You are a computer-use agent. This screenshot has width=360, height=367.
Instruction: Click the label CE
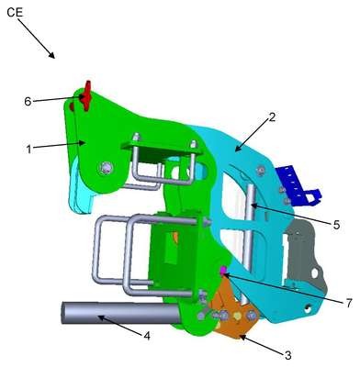pos(15,13)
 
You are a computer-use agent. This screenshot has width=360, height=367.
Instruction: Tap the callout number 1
pos(28,150)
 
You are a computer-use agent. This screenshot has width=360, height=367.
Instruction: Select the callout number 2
pos(272,117)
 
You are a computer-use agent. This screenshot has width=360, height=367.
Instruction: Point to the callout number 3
pos(287,355)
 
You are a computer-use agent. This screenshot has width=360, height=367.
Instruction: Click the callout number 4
pos(147,336)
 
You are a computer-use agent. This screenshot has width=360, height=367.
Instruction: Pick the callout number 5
pos(336,225)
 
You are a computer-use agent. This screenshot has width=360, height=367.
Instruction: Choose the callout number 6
pos(28,102)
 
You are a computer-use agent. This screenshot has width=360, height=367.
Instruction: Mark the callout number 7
pos(349,304)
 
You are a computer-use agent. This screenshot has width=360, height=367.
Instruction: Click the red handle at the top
pos(86,95)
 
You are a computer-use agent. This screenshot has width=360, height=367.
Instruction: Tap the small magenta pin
pos(223,270)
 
